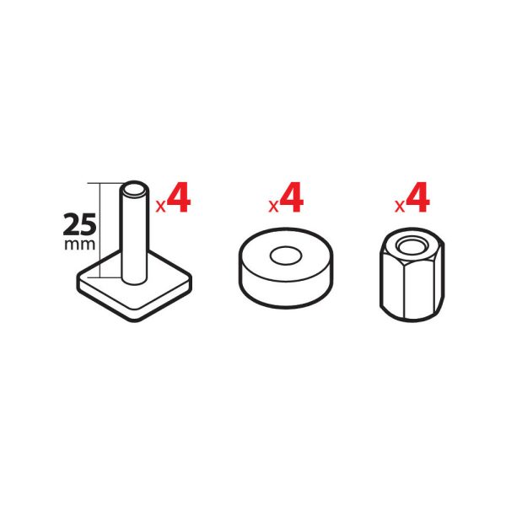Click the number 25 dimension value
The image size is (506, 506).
click(x=79, y=224)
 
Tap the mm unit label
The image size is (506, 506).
click(x=80, y=245)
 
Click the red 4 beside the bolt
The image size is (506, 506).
click(x=179, y=197)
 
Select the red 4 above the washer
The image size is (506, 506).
click(x=292, y=197)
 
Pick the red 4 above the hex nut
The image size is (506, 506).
click(x=417, y=197)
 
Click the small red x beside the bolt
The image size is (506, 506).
click(x=160, y=207)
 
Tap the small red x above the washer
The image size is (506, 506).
click(x=273, y=207)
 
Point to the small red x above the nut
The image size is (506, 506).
click(x=400, y=207)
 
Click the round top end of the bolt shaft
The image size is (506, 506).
click(x=134, y=189)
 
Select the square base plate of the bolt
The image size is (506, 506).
click(x=134, y=292)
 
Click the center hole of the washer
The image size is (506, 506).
click(x=286, y=256)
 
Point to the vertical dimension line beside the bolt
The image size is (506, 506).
click(x=100, y=230)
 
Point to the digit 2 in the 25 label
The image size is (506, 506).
click(x=72, y=224)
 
